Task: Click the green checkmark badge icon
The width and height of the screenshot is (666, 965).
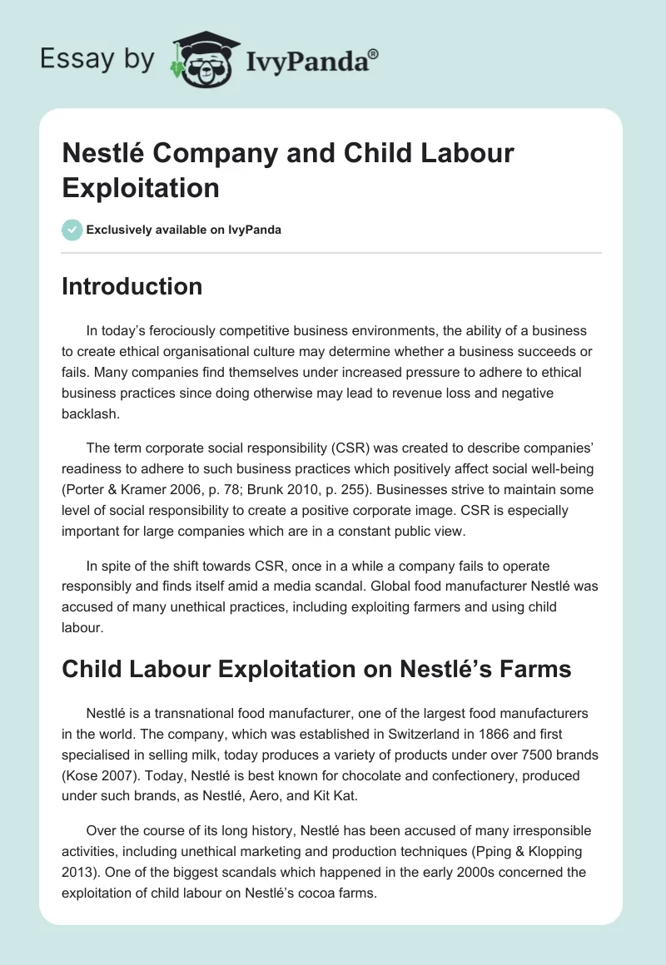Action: click(72, 230)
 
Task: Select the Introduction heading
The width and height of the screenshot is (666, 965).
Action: click(132, 287)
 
